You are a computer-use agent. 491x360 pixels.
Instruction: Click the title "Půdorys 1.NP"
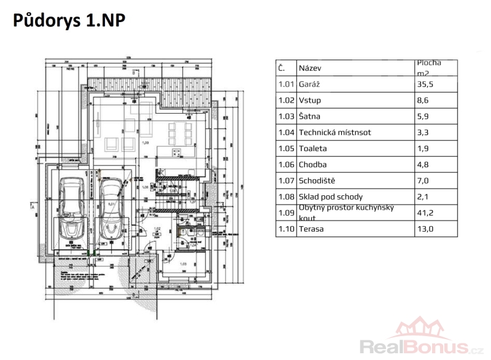(69, 20)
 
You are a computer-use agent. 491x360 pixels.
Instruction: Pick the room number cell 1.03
(285, 116)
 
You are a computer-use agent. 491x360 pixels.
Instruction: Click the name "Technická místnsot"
(334, 132)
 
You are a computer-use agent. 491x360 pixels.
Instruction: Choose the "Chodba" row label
(312, 165)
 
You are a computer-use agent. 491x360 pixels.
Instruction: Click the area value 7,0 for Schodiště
(423, 181)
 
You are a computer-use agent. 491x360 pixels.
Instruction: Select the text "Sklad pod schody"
(330, 197)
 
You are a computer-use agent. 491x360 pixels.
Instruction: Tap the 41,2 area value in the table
(425, 213)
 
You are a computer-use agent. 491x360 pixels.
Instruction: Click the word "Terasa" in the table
(312, 229)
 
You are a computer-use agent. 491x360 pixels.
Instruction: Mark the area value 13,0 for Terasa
(425, 229)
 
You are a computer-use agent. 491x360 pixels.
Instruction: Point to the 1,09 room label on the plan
(145, 143)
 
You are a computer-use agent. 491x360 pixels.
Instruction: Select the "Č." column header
(281, 68)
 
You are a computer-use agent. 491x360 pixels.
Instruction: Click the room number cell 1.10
(285, 229)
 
